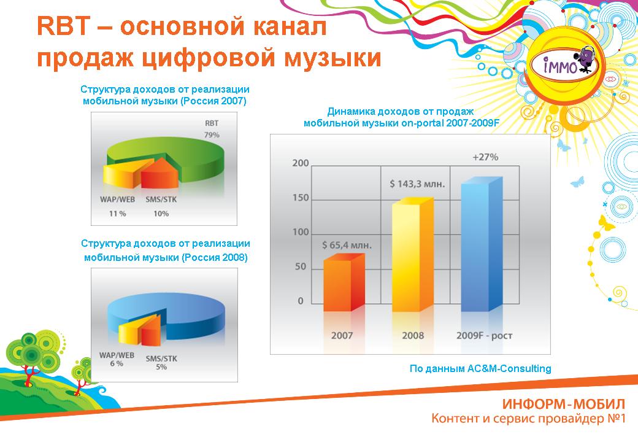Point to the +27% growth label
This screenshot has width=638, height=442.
(485, 157)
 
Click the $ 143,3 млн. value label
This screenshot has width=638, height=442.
(418, 183)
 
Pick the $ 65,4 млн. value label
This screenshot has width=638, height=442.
(347, 245)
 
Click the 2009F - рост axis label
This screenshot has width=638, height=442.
(485, 336)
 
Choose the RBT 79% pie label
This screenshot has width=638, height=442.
(211, 129)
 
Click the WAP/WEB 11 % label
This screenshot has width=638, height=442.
(117, 206)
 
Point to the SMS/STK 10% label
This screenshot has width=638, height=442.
(161, 206)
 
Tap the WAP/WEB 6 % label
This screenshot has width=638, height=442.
(117, 359)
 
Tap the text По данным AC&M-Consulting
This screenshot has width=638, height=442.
(480, 368)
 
